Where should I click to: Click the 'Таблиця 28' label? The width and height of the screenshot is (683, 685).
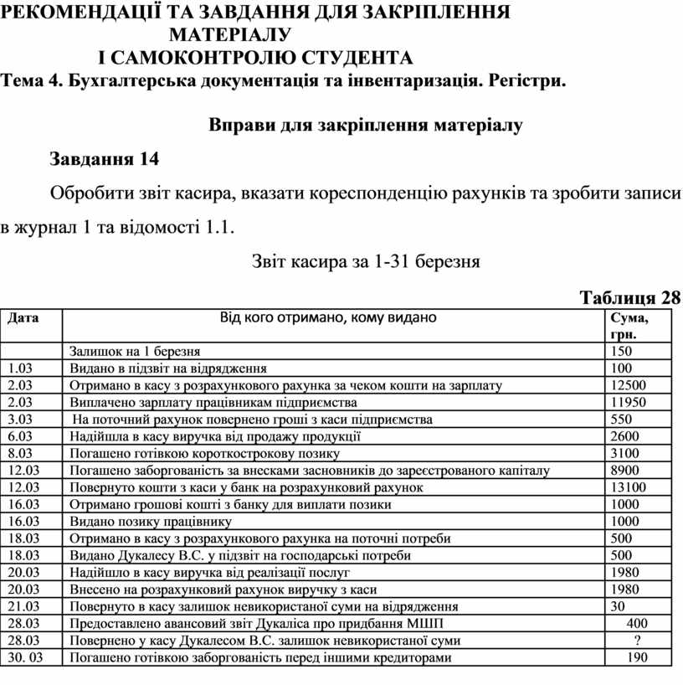(630, 298)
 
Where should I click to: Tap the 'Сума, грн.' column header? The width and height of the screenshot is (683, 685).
(629, 326)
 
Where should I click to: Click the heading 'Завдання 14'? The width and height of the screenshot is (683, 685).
(104, 158)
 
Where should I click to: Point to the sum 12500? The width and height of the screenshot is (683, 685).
(629, 385)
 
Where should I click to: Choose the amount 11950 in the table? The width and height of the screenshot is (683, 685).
(629, 402)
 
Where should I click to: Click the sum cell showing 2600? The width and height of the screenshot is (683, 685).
(625, 436)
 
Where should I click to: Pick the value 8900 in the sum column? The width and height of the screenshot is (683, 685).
(625, 471)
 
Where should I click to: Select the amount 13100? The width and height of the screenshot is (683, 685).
(629, 487)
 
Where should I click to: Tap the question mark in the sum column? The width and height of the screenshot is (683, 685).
(639, 641)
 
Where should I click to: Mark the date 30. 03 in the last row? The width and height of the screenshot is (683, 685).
(24, 658)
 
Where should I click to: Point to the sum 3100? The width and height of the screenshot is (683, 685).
(625, 453)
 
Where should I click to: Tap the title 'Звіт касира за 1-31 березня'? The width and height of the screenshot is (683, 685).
(365, 261)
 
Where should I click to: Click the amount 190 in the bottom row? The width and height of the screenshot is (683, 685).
(636, 658)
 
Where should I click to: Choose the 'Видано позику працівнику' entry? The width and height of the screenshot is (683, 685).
(148, 522)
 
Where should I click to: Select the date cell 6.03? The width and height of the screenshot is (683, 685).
(19, 436)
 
